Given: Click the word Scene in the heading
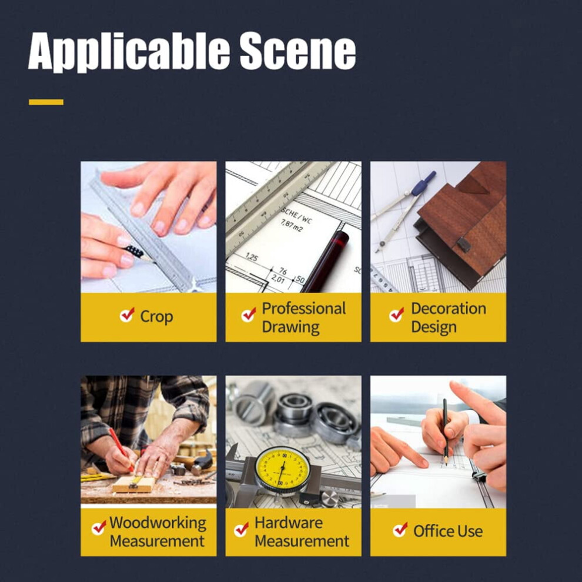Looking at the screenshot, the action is coord(297,51).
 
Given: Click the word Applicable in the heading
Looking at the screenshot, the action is coord(129,52).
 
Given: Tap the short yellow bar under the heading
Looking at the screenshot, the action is coord(46,102).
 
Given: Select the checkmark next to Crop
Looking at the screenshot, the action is coord(127,315).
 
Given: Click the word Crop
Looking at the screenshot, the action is coord(156,317).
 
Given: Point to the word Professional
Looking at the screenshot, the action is coord(303,309).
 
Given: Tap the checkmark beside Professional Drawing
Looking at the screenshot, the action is coord(249,315).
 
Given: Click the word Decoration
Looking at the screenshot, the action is coord(449,309).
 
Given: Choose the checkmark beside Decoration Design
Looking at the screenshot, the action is coord(396,315).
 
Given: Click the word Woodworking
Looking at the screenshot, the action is coord(158,523).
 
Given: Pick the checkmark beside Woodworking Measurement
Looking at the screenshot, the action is coord(99,527).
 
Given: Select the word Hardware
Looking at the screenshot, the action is coord(289,523).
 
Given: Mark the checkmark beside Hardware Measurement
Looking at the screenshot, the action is coord(241,529).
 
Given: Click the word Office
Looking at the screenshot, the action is coord(434,531).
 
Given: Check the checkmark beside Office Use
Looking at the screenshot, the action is coord(400,529).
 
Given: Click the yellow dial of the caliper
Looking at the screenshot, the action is coord(283,468).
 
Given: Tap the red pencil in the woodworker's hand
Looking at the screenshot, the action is coord(121,450).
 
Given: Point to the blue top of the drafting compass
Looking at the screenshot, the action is coord(424,183).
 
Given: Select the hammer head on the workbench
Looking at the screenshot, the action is coord(203,463).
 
